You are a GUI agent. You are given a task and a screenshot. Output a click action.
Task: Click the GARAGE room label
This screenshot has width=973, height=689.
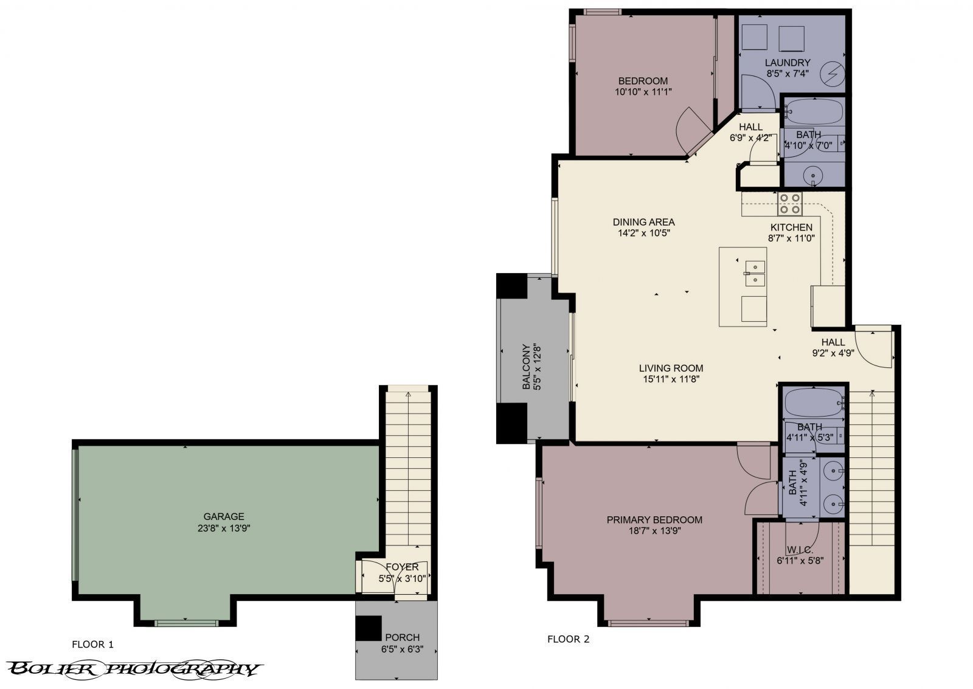click(x=224, y=516)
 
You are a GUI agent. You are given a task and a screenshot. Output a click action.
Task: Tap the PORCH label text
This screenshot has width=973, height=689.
click(x=402, y=637)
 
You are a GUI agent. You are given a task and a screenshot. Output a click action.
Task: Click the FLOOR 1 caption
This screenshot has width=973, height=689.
click(x=92, y=644)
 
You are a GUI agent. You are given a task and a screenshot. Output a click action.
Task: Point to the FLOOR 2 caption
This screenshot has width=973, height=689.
click(x=568, y=639)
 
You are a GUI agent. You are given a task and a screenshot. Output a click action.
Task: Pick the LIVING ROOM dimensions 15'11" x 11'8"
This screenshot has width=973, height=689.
click(x=671, y=379)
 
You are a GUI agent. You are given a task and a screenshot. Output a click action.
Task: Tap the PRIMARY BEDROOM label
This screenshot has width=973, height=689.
click(x=654, y=519)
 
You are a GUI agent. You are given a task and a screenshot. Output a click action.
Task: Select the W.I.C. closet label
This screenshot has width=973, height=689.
click(x=800, y=549)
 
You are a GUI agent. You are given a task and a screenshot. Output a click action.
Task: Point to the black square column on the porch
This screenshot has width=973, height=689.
click(x=368, y=628)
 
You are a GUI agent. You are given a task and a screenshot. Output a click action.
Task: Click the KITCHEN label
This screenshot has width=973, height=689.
click(x=791, y=227)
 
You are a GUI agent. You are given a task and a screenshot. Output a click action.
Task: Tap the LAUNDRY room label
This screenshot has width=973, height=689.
click(x=787, y=63)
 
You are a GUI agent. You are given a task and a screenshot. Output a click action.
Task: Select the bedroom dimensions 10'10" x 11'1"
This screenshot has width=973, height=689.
click(x=643, y=92)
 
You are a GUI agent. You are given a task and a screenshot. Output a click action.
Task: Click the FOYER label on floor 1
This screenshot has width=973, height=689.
click(x=402, y=567)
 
